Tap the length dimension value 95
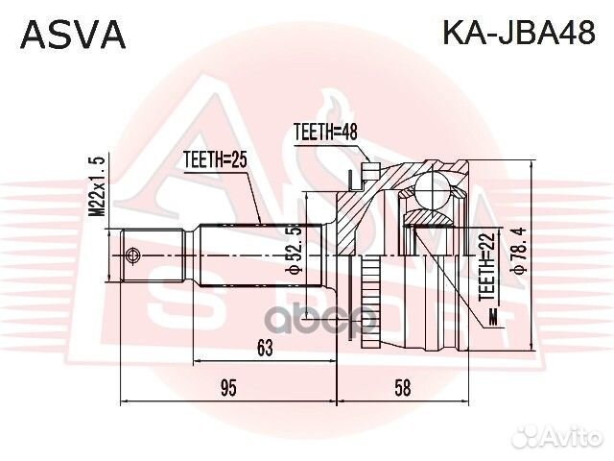[227, 387]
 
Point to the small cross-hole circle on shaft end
[132, 255]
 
